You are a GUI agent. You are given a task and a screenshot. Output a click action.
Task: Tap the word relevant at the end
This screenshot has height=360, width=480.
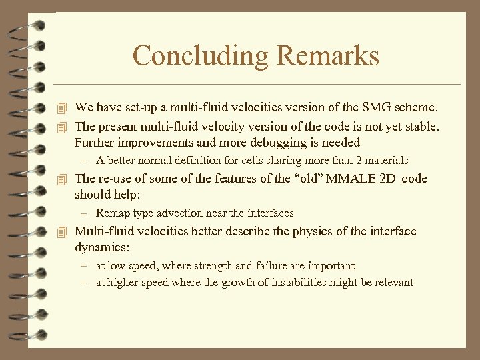(x=394, y=283)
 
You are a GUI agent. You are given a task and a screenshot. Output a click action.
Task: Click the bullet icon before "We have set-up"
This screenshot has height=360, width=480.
(x=63, y=107)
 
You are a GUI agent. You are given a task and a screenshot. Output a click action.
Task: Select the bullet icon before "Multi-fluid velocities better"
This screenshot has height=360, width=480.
(x=63, y=232)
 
